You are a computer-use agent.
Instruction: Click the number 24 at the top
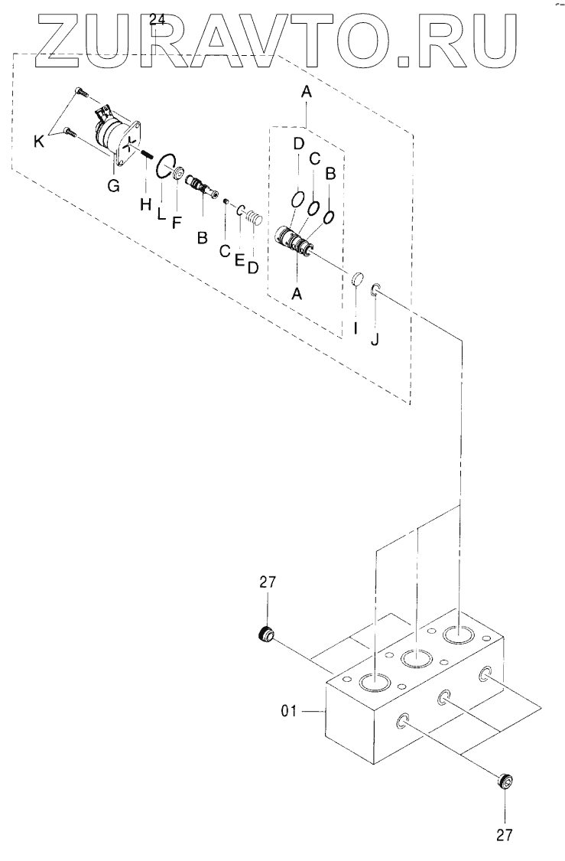157,21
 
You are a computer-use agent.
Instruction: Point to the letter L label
161,214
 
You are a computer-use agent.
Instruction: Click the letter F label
176,223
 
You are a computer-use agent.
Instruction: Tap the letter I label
355,330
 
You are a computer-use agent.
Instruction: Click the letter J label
374,339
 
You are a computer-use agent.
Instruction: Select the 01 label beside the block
290,712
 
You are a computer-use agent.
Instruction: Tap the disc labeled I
357,279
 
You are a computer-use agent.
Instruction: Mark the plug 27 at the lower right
503,781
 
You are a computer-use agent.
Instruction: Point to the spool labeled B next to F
201,187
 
